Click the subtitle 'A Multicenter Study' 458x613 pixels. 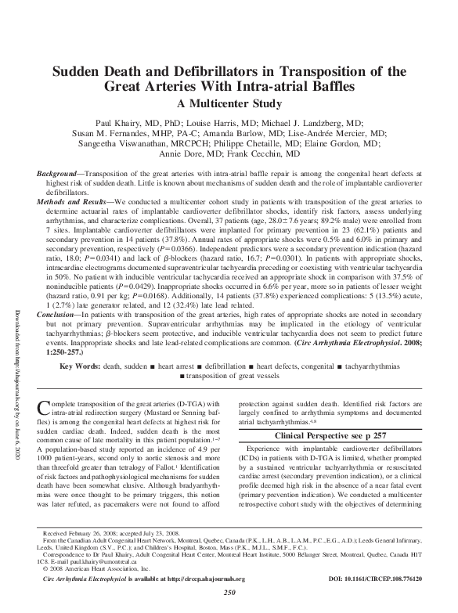229,103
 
